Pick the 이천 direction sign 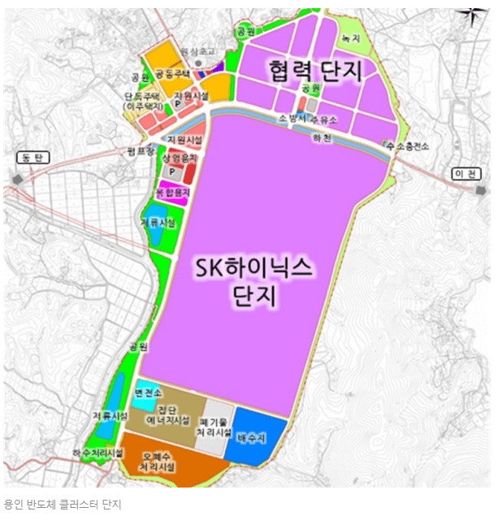click(466, 174)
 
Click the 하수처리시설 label click(97, 452)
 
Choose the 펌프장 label click(141, 150)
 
